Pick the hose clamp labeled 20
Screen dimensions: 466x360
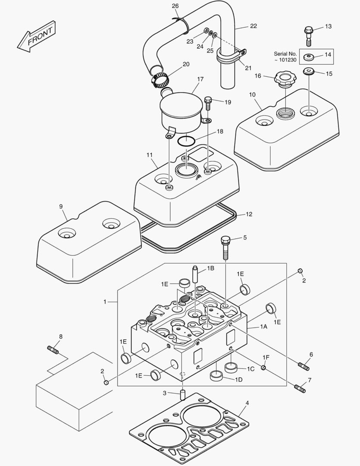159,78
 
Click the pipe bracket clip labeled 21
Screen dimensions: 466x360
230,57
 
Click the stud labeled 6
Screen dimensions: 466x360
304,366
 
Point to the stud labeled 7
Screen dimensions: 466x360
300,388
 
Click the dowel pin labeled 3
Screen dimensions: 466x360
182,394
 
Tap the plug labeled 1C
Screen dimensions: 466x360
232,368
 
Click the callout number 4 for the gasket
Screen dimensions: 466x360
247,403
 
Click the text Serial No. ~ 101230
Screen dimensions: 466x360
285,57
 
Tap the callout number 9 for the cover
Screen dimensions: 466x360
61,206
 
